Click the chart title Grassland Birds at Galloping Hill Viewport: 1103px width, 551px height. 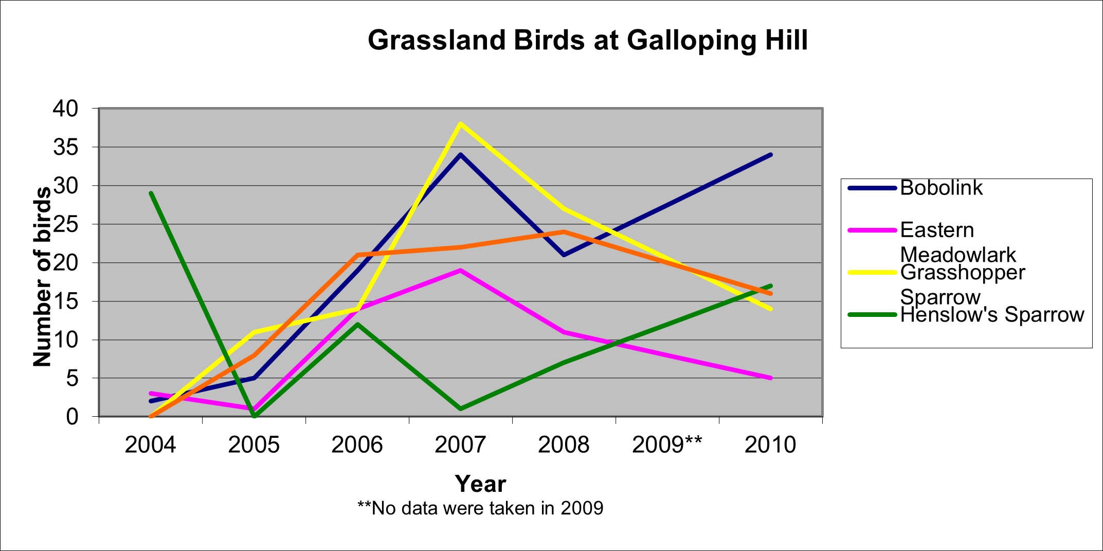[x=588, y=41]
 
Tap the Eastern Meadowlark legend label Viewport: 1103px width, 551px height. [x=958, y=242]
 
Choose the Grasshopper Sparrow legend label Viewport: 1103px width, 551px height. [x=963, y=285]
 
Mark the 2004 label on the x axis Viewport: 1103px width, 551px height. [x=150, y=445]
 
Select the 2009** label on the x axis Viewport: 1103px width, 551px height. [x=667, y=445]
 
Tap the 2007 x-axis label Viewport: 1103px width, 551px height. [x=460, y=445]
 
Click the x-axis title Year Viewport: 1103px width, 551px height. [x=481, y=484]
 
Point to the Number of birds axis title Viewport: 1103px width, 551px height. [x=43, y=277]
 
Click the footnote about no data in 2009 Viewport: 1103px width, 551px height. [x=480, y=508]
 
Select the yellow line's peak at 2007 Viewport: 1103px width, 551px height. [x=460, y=124]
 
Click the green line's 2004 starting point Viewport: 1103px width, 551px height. [x=151, y=193]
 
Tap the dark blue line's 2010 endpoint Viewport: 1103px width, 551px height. [x=770, y=155]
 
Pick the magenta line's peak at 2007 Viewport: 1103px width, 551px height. [x=460, y=270]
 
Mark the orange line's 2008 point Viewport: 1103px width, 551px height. [x=564, y=232]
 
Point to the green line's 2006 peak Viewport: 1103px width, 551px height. [x=357, y=324]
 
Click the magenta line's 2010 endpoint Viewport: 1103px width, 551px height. [x=770, y=378]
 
